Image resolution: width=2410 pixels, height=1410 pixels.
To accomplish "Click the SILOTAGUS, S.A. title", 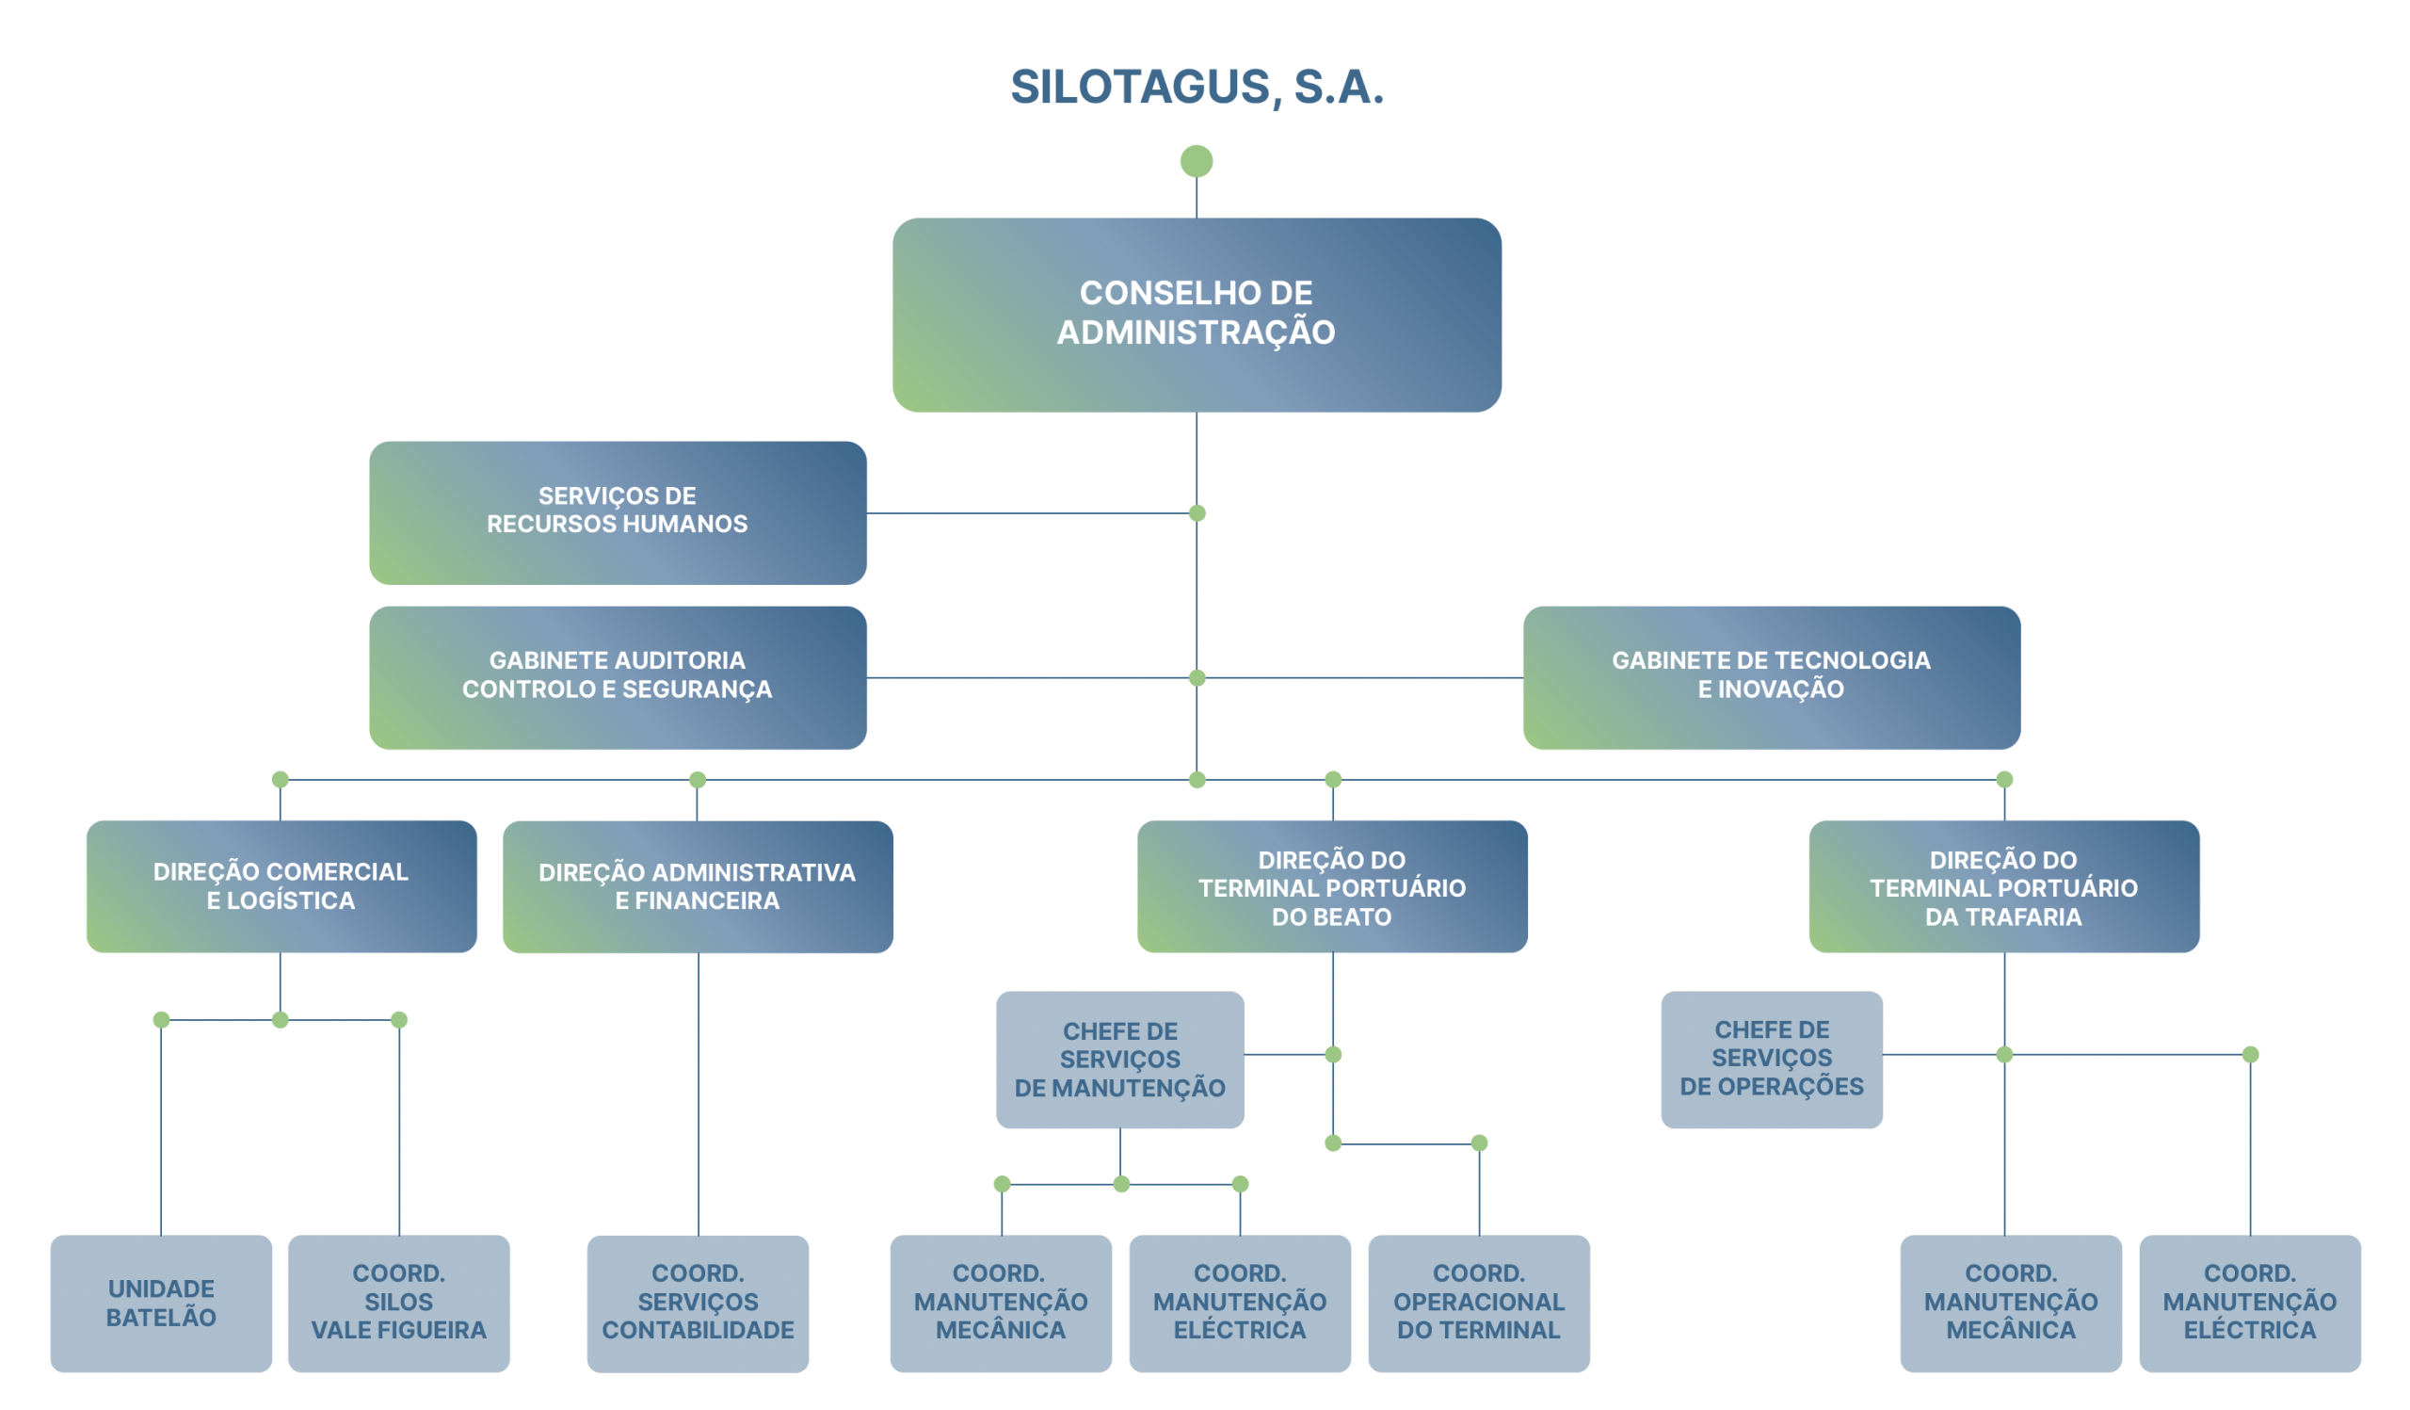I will tap(1197, 87).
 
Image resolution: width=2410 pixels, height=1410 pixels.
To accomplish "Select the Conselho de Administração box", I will tap(1197, 315).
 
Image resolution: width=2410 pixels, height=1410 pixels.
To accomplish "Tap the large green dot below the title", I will tap(1197, 161).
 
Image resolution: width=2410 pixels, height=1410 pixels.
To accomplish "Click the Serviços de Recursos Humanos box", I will tap(618, 512).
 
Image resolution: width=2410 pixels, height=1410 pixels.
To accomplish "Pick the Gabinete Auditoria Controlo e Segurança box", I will tap(618, 677).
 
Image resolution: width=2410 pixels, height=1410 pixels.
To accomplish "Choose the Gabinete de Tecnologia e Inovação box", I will tap(1771, 677).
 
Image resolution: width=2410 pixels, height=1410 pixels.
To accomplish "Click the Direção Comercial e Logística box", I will tap(281, 885).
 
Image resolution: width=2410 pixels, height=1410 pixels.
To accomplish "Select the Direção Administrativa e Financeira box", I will tap(698, 885).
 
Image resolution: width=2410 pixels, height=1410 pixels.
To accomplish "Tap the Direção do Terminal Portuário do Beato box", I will tap(1332, 885).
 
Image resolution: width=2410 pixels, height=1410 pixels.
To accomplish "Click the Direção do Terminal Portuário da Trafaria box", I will tap(2003, 885).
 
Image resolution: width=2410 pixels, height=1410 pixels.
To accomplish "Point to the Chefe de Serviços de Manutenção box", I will tap(1120, 1059).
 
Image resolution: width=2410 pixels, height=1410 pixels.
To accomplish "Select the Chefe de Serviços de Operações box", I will tap(1771, 1058).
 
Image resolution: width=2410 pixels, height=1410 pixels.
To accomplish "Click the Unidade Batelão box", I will tap(161, 1303).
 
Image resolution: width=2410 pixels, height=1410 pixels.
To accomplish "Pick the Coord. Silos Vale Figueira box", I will tap(399, 1303).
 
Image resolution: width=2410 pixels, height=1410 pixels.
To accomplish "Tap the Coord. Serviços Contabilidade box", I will tap(698, 1303).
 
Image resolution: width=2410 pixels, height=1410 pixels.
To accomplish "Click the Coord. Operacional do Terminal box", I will tap(1479, 1303).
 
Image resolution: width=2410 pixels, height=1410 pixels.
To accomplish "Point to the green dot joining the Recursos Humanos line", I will tap(1197, 513).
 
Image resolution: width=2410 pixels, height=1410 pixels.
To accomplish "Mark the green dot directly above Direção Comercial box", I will tap(281, 780).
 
